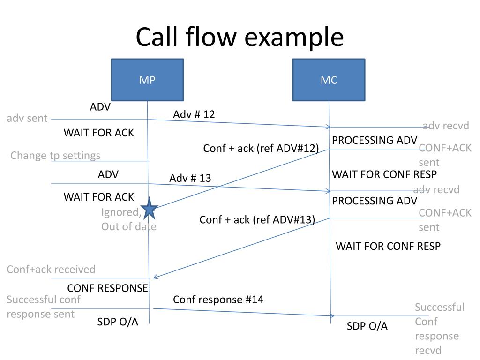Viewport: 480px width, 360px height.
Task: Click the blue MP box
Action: [147, 80]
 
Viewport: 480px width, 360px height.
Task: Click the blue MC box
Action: [329, 80]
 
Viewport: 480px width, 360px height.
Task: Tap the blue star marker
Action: [150, 209]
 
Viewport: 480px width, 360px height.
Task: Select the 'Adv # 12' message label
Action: [194, 114]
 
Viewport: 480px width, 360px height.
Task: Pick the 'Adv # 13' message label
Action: [190, 178]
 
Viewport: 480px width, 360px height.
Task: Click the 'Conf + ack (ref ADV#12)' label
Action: [261, 149]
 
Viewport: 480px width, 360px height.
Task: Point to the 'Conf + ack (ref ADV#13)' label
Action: [257, 220]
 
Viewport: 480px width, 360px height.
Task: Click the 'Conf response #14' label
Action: [218, 300]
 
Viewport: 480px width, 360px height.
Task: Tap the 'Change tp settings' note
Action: [55, 156]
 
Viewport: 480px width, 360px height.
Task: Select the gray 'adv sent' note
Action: [27, 118]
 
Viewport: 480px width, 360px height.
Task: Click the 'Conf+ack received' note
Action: [51, 270]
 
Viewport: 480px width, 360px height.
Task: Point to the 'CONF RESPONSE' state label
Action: [107, 288]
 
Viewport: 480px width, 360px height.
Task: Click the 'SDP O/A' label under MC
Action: [367, 326]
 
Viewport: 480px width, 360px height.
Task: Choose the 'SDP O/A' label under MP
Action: [118, 322]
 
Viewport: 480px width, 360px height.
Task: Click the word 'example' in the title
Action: [294, 37]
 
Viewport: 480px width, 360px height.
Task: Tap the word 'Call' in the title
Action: [157, 36]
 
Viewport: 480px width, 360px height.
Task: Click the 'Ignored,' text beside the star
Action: [121, 212]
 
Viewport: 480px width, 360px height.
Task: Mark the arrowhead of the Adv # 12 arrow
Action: [329, 127]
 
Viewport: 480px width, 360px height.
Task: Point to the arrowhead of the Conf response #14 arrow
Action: [332, 315]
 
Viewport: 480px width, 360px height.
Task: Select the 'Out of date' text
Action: [129, 226]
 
